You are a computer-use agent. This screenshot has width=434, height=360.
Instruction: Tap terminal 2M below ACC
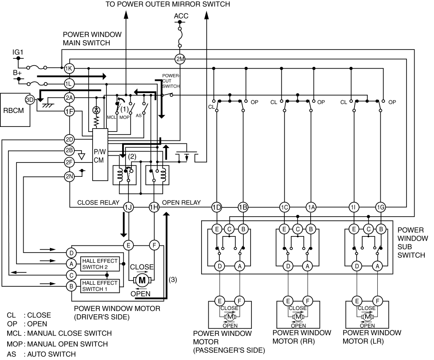[180, 59]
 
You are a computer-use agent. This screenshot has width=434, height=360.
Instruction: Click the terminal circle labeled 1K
[69, 68]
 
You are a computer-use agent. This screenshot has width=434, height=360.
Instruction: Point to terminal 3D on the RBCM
[30, 100]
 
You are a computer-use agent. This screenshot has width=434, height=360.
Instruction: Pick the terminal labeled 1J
[128, 207]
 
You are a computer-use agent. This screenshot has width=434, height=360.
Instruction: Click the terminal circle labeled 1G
[380, 207]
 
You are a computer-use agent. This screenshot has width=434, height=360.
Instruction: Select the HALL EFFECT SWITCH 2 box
[100, 263]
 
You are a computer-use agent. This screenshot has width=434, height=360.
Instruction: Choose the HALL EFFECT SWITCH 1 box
[100, 286]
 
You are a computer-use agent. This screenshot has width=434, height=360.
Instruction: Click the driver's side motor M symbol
[142, 280]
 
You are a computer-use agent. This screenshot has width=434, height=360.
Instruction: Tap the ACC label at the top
[181, 16]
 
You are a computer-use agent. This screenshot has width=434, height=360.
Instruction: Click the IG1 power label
[18, 53]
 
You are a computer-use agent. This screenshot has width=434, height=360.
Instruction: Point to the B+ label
[17, 73]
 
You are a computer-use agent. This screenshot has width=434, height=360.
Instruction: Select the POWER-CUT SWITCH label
[171, 81]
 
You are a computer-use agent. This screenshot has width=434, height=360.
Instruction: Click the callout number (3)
[172, 280]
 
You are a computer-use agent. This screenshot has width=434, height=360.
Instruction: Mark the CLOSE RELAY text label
[98, 202]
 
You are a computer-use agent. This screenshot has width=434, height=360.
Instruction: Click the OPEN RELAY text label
[181, 202]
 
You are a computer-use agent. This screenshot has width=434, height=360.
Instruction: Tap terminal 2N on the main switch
[69, 176]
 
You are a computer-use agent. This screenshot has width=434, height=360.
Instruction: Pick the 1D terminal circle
[216, 207]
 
